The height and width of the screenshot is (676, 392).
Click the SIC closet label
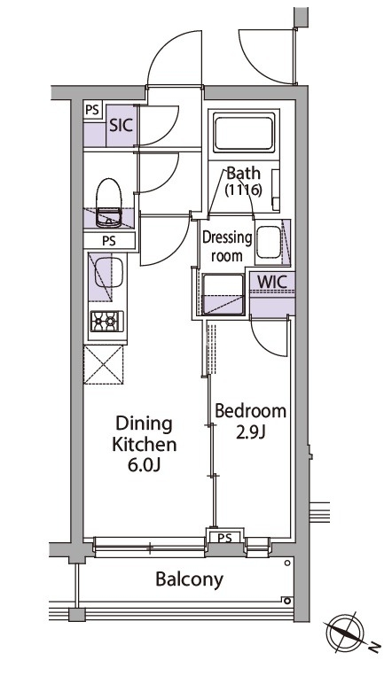click(x=121, y=126)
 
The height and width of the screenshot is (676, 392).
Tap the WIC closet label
click(x=272, y=282)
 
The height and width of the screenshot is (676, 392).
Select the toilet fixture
click(x=108, y=203)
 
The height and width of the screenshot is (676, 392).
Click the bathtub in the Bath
click(x=244, y=133)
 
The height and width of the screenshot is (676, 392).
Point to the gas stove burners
click(x=106, y=322)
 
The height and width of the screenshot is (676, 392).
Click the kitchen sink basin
click(x=108, y=272)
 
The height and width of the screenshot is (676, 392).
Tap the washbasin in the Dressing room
click(x=270, y=242)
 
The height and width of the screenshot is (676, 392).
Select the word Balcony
click(x=190, y=579)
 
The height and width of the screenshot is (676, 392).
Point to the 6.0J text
click(x=145, y=465)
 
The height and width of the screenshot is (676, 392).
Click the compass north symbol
click(x=344, y=633)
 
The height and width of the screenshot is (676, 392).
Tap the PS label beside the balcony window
click(x=224, y=538)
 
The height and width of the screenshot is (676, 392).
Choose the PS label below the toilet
click(x=109, y=241)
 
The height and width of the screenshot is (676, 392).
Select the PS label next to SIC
click(x=91, y=110)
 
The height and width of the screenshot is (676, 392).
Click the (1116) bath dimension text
click(x=244, y=190)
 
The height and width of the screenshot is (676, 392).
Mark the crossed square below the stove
click(x=104, y=364)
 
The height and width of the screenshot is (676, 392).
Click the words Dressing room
click(x=227, y=246)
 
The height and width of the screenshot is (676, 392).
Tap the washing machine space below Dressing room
click(x=223, y=294)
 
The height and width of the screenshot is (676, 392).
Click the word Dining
click(x=145, y=424)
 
